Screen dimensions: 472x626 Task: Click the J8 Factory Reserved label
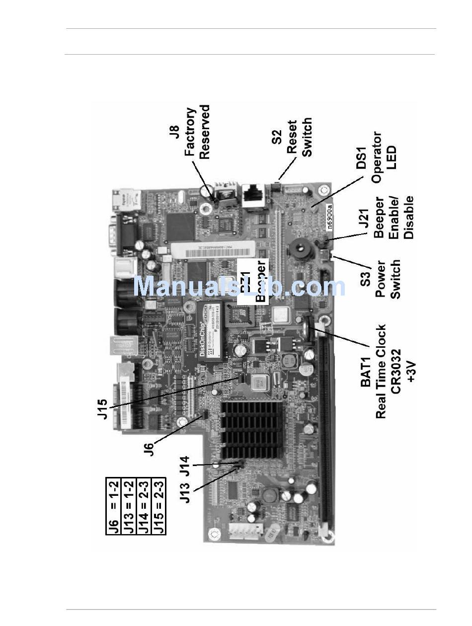coord(197,132)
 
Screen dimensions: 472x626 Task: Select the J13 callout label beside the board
coord(185,492)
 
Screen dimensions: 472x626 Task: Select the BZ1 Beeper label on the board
coord(253,282)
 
